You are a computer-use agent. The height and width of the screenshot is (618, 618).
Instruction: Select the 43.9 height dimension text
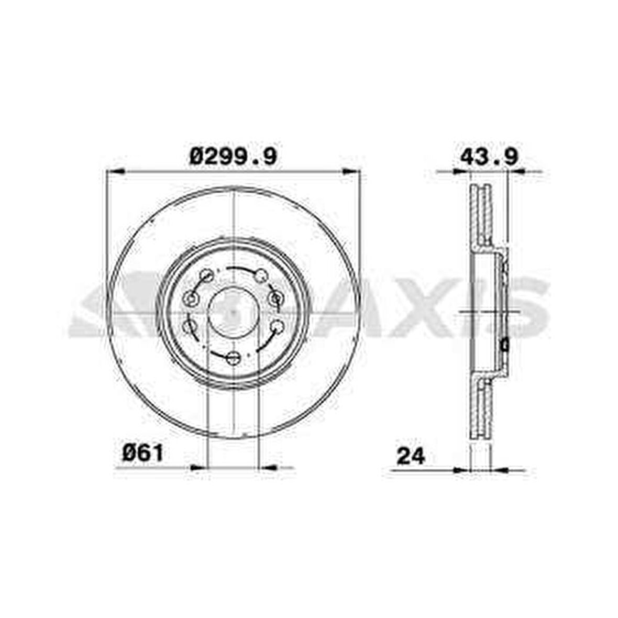pos(489,157)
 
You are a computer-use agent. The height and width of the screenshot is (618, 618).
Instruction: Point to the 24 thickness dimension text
pos(411,456)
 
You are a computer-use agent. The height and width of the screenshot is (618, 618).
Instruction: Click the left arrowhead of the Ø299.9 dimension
pos(116,172)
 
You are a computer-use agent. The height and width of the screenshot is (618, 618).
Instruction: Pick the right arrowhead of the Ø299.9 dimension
pos(351,171)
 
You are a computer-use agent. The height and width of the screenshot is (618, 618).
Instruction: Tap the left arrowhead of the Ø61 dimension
pos(198,468)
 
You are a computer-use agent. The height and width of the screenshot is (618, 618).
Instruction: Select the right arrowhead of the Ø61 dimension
pos(267,468)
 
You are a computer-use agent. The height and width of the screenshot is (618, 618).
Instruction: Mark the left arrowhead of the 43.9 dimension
pos(462,171)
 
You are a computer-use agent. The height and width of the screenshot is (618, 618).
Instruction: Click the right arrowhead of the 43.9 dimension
pos(517,171)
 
